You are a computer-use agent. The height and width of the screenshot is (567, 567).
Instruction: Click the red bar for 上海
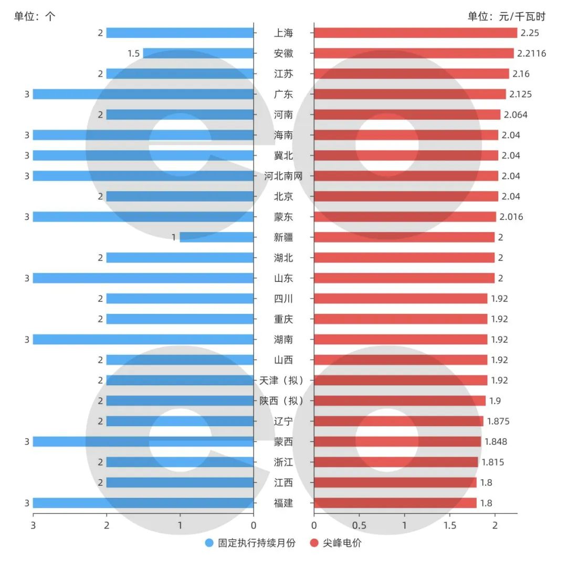(415, 33)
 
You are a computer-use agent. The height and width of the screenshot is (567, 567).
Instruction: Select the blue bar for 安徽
(198, 54)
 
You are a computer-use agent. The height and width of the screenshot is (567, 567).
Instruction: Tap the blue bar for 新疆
(216, 237)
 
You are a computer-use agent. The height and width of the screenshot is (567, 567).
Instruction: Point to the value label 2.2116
(531, 54)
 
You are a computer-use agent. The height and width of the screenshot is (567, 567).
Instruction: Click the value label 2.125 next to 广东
(520, 94)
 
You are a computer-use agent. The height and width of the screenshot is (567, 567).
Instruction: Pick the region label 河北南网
(283, 176)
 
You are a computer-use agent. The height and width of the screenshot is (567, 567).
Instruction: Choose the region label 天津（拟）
(283, 381)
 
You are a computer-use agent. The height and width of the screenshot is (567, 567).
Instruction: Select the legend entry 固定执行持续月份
(250, 543)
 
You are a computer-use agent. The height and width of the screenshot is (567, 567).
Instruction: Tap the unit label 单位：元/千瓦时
(507, 16)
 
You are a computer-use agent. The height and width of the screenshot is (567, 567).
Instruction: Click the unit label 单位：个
(35, 16)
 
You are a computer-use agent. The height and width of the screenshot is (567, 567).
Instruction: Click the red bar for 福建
(395, 503)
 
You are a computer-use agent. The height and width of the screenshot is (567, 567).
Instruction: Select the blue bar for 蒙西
(143, 442)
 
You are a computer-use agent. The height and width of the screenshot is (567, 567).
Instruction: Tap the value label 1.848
(496, 442)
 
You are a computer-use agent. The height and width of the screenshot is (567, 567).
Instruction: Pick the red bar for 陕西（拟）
(400, 401)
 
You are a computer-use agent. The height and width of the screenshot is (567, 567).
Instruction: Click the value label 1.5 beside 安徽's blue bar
(133, 54)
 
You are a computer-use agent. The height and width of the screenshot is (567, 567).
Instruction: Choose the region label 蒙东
(283, 217)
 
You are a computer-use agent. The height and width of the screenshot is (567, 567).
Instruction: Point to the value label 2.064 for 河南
(516, 115)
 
